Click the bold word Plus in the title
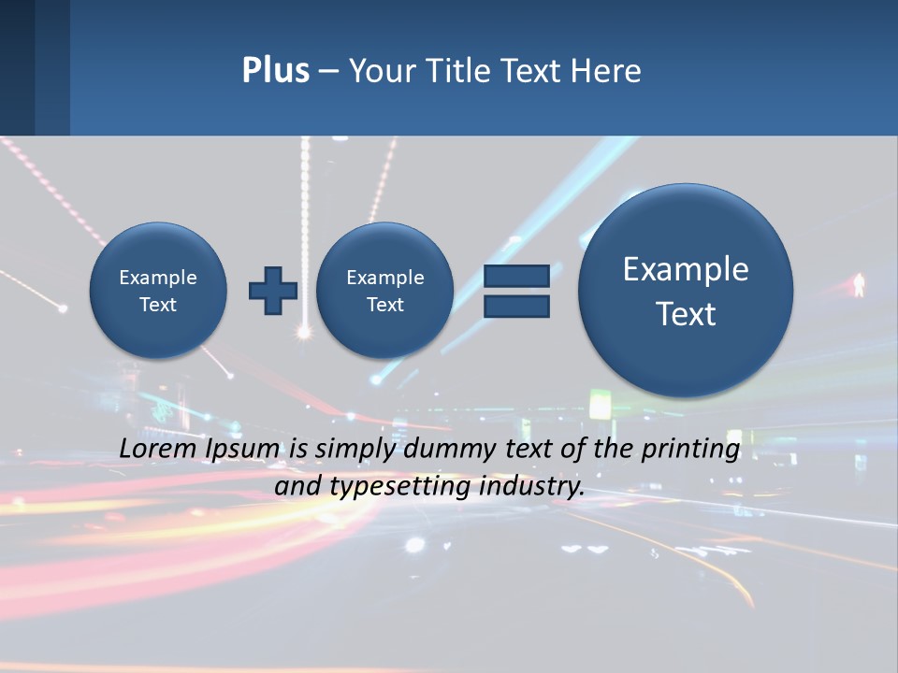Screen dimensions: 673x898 pyautogui.click(x=275, y=70)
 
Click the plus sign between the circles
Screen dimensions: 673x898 pyautogui.click(x=272, y=291)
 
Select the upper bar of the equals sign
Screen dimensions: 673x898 pyautogui.click(x=516, y=276)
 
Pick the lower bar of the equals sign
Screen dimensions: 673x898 pyautogui.click(x=516, y=306)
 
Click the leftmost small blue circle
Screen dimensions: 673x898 pyautogui.click(x=158, y=291)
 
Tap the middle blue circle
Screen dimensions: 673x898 pyautogui.click(x=384, y=291)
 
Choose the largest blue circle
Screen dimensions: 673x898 pyautogui.click(x=686, y=291)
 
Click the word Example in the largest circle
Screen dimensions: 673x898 pyautogui.click(x=686, y=269)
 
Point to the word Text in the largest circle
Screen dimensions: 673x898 pyautogui.click(x=686, y=314)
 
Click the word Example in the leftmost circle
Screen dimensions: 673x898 pyautogui.click(x=158, y=278)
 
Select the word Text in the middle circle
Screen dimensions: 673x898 pyautogui.click(x=384, y=305)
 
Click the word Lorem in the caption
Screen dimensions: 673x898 pyautogui.click(x=156, y=449)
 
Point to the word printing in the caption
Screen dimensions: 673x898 pyautogui.click(x=692, y=450)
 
